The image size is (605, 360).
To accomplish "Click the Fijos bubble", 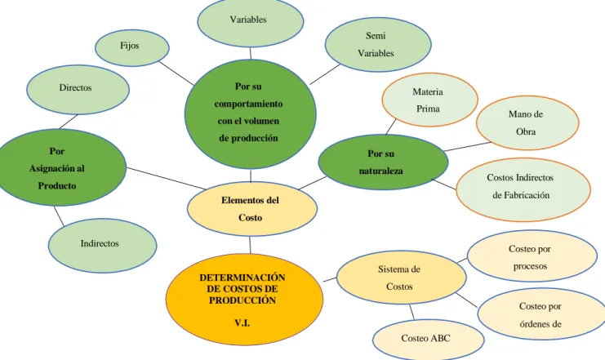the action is (132, 48).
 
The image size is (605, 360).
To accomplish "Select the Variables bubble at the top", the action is (251, 22).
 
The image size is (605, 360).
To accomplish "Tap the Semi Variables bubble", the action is (378, 44).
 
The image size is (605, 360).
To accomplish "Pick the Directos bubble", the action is (78, 90).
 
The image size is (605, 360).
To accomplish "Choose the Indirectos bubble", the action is (102, 246).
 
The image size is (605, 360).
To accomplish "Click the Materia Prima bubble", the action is (429, 100).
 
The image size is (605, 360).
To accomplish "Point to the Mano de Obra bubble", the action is (527, 122).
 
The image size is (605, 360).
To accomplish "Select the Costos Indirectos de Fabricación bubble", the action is (523, 189).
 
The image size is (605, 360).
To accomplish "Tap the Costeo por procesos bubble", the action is (532, 256).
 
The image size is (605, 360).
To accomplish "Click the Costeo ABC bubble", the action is (429, 340).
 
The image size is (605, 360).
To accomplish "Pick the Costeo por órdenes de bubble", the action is (542, 313).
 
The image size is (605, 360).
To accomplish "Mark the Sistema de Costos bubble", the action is (401, 278).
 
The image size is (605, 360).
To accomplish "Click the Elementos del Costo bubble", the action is (252, 209).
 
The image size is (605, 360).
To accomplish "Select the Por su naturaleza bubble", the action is (383, 162).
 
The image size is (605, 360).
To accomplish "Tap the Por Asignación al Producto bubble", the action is (62, 167).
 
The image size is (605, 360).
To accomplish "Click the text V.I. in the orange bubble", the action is (242, 322).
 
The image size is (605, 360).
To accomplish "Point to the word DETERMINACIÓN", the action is (242, 278).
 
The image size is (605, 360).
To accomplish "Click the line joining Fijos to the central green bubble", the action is (176, 73).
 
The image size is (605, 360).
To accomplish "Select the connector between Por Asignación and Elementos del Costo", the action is (167, 178).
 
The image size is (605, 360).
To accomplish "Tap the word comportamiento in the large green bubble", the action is (248, 104).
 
